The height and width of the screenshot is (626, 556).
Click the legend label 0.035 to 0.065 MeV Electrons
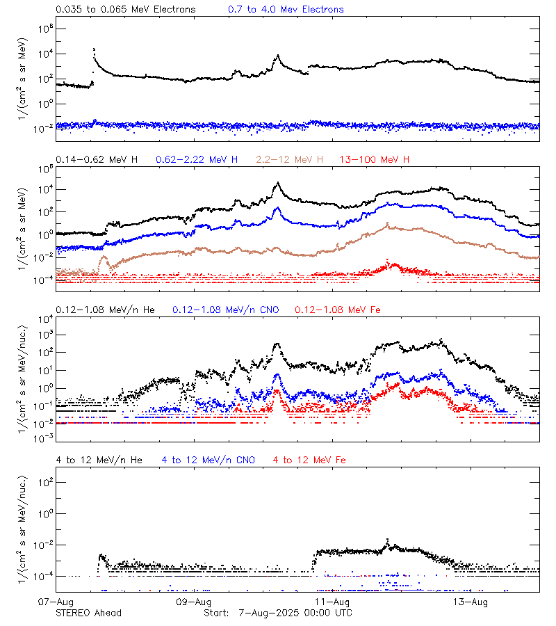point(126,10)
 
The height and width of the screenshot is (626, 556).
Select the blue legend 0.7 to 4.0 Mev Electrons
point(286,10)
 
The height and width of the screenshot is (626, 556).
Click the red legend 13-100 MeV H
point(375,160)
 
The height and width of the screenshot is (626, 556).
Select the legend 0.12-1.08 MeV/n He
point(106,310)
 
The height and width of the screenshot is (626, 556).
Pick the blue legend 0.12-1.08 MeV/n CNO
point(225,310)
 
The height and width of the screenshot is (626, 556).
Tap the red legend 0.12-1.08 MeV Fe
point(338,310)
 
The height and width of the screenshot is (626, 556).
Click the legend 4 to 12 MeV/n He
point(99,460)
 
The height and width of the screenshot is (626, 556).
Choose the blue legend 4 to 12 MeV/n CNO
point(208,460)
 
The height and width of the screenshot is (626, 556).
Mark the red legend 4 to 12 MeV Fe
point(309,460)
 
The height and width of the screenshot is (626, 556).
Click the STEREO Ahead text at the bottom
point(88,613)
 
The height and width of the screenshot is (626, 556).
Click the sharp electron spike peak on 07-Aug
point(94,49)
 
